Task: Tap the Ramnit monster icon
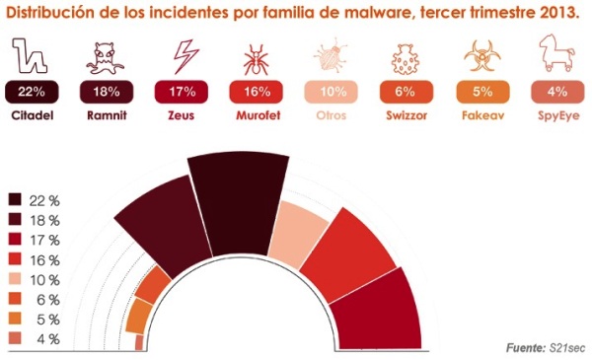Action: [x=107, y=58]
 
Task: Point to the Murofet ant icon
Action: [x=257, y=58]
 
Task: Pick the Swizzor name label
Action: [x=407, y=114]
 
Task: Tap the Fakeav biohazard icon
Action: [x=481, y=58]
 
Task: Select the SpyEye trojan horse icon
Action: [x=555, y=57]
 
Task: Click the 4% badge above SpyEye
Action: [x=555, y=92]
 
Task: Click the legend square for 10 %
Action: [x=16, y=279]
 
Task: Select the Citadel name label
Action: [x=33, y=114]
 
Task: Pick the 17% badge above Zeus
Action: [x=182, y=92]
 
